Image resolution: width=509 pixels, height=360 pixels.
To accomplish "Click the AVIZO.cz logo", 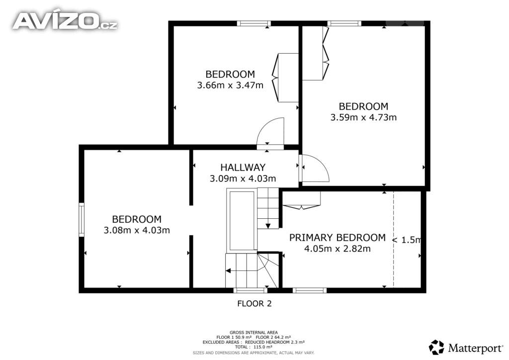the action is tap(65, 21).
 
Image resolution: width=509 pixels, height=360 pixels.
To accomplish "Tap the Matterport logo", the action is tap(466, 348).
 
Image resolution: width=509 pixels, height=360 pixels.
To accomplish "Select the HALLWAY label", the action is tap(243, 168).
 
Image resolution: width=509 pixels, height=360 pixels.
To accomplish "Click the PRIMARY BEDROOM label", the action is tap(338, 238).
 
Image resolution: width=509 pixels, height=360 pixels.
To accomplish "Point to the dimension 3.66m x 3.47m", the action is tap(230, 86).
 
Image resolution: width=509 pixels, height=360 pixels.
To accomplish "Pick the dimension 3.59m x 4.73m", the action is tap(363, 117).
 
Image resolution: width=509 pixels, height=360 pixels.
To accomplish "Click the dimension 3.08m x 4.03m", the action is tap(137, 230).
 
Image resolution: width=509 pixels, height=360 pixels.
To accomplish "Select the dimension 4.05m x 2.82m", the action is tap(338, 249).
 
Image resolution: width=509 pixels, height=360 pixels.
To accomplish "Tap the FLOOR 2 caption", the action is tap(254, 304).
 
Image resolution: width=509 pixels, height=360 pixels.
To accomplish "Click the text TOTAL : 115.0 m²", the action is tap(254, 347).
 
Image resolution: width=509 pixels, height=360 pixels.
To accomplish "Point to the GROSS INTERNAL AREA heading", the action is tap(254, 333).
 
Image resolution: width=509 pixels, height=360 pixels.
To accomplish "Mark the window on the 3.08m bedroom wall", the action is tap(82, 220).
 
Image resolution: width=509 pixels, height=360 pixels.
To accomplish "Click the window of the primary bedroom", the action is tap(310, 290).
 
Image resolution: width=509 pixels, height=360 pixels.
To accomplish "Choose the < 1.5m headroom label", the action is tap(407, 240).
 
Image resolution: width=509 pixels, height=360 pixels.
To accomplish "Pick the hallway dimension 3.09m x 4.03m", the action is tap(243, 179).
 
